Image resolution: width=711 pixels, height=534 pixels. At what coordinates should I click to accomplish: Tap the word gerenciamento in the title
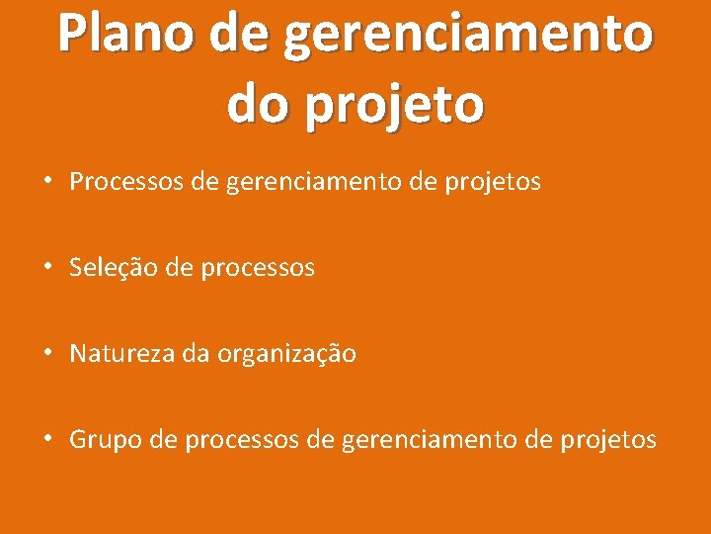click(467, 36)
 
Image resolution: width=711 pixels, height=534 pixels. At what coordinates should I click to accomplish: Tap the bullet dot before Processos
click(46, 182)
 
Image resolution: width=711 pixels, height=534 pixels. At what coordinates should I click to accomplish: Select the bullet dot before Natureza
click(46, 353)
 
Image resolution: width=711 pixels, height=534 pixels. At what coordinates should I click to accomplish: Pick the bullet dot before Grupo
click(46, 439)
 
